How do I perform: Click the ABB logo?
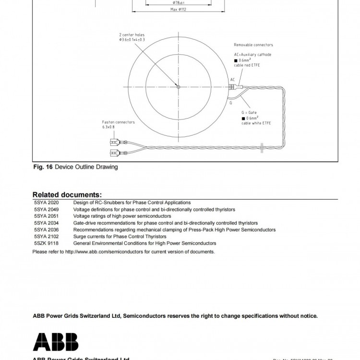pyautogui.click(x=55, y=341)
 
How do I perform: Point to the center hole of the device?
pyautogui.click(x=178, y=87)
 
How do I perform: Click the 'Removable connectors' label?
pyautogui.click(x=253, y=45)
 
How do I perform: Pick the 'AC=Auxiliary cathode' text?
pyautogui.click(x=252, y=55)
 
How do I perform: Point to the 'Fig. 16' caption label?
pyautogui.click(x=43, y=167)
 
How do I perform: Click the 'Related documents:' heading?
pyautogui.click(x=67, y=195)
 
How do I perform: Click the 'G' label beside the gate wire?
pyautogui.click(x=230, y=103)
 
